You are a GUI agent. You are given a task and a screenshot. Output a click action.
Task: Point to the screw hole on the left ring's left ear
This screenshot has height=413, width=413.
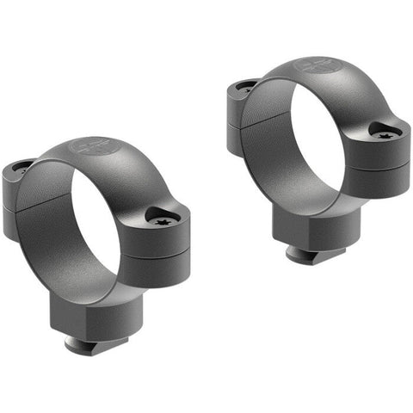[x=21, y=170]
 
